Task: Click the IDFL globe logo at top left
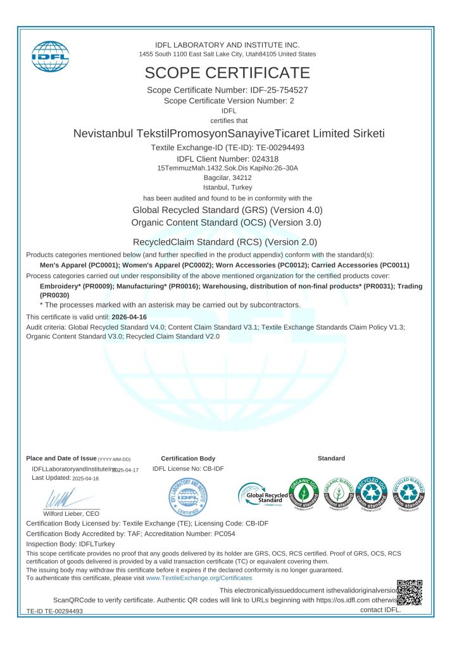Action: point(50,56)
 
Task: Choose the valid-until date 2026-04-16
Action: point(129,316)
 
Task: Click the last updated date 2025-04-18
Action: point(85,479)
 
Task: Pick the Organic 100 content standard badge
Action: point(304,493)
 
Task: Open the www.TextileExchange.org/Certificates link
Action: point(199,578)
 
